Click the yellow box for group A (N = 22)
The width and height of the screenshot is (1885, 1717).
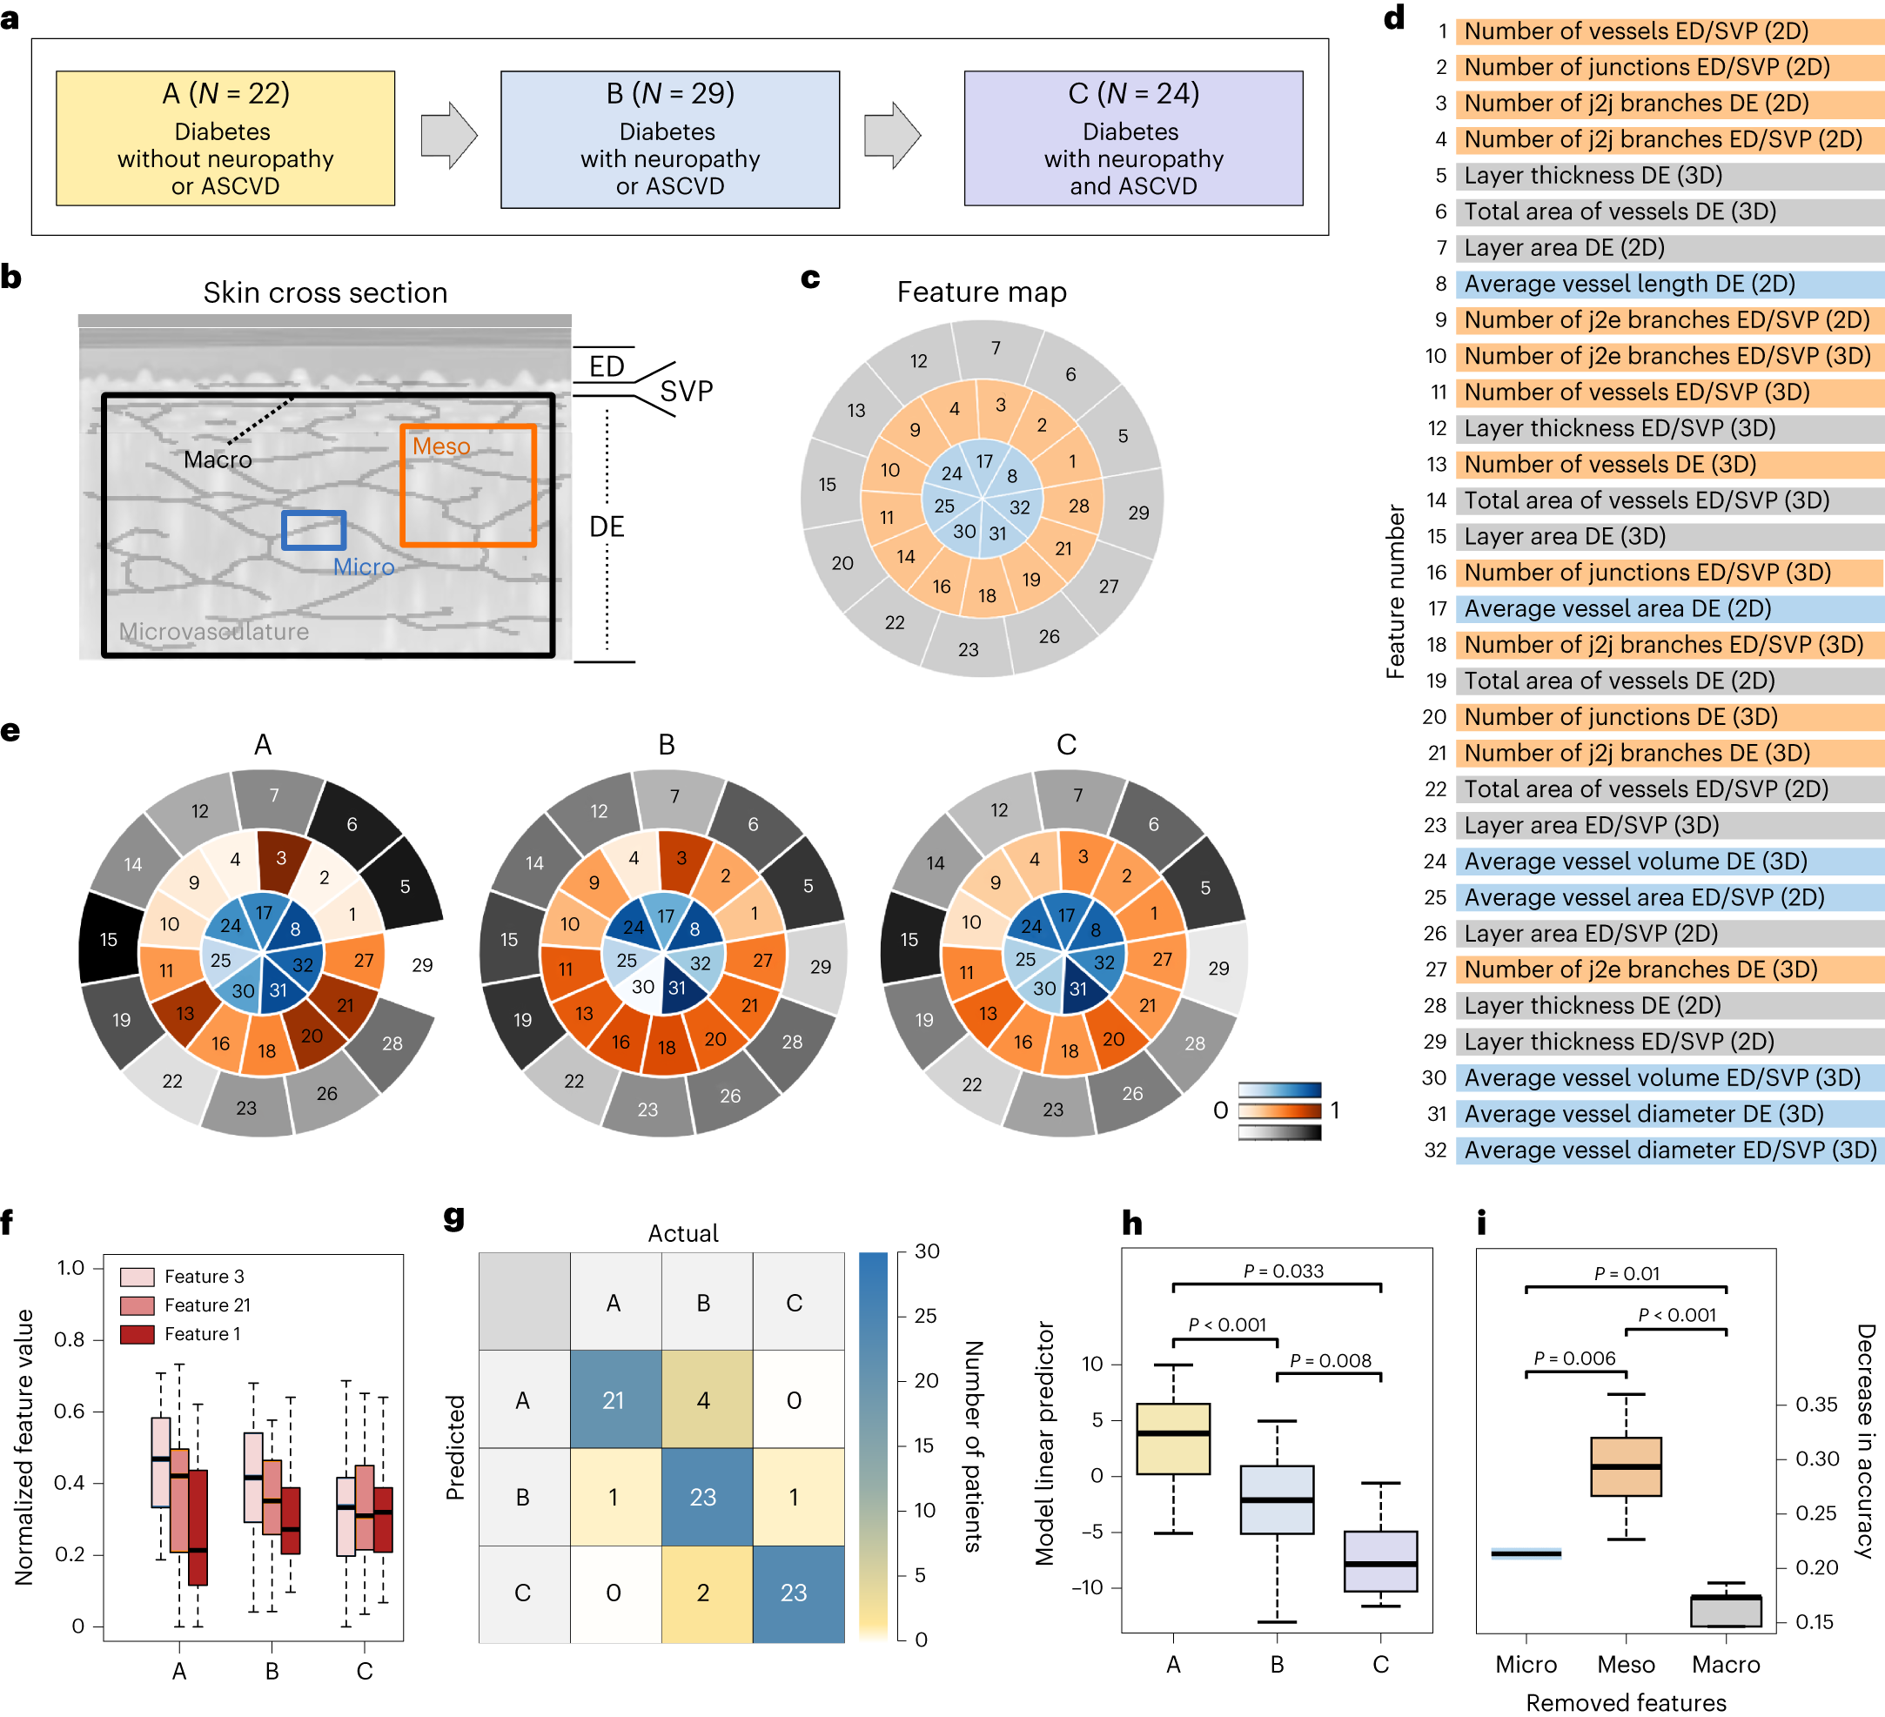pyautogui.click(x=225, y=138)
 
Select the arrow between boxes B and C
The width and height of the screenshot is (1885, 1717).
pyautogui.click(x=892, y=136)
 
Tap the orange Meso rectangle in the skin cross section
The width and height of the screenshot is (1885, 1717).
pyautogui.click(x=467, y=486)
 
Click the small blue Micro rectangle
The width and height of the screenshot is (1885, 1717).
pyautogui.click(x=314, y=530)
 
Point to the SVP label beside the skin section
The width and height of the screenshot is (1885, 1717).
pyautogui.click(x=687, y=391)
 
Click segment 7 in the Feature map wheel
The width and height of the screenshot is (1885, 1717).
pyautogui.click(x=996, y=348)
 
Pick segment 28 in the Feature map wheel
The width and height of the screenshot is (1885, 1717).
pyautogui.click(x=1079, y=506)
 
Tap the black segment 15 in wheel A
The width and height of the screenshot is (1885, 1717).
pyautogui.click(x=109, y=939)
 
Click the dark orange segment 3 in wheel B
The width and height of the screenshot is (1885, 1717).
pyautogui.click(x=681, y=857)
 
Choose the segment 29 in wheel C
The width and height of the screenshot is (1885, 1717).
pyautogui.click(x=1218, y=969)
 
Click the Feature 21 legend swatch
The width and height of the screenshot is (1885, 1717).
pyautogui.click(x=138, y=1305)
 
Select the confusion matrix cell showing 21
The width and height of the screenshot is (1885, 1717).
pyautogui.click(x=614, y=1400)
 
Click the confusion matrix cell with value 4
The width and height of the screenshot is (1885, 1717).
pyautogui.click(x=704, y=1400)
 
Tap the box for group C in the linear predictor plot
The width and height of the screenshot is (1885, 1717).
pyautogui.click(x=1380, y=1561)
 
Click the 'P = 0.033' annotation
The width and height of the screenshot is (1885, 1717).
pyautogui.click(x=1283, y=1271)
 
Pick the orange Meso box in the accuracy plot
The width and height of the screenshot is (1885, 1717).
pyautogui.click(x=1626, y=1466)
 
